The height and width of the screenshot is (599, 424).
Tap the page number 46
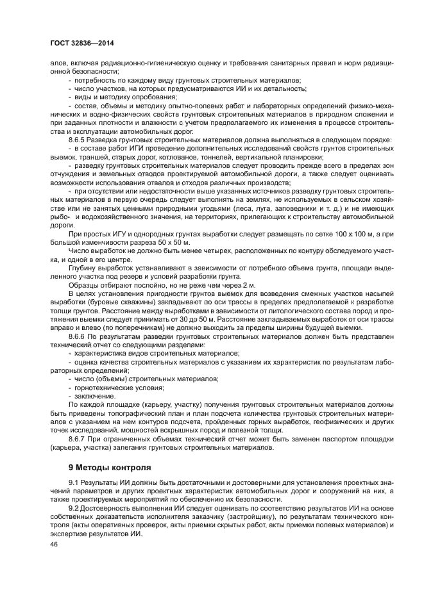(x=53, y=543)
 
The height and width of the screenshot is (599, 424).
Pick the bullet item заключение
(x=95, y=396)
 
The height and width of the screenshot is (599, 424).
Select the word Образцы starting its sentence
(x=85, y=284)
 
